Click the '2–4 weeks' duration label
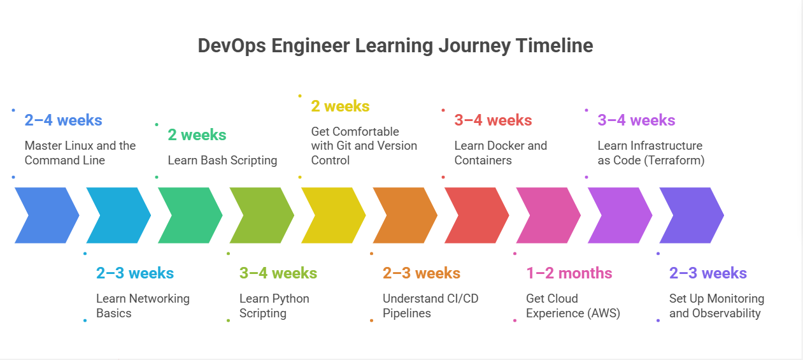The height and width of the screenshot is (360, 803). point(63,120)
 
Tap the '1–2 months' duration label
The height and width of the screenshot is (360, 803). point(569,273)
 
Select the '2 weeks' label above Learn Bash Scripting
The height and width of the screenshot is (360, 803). point(197,134)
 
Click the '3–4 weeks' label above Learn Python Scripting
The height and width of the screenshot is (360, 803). point(278,273)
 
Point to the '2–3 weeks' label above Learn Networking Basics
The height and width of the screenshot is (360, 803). point(134,273)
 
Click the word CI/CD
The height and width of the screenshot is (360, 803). point(463,299)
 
